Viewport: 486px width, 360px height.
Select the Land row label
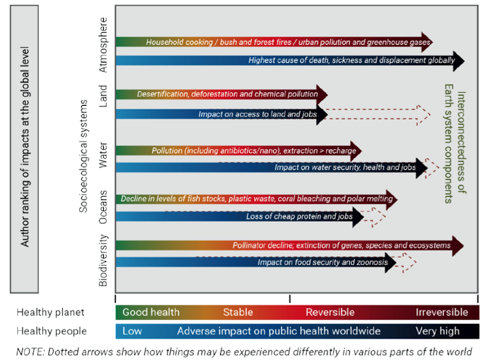click(104, 96)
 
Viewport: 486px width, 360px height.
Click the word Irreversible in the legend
click(442, 312)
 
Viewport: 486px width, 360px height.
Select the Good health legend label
click(151, 312)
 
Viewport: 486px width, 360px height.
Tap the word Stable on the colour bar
click(238, 312)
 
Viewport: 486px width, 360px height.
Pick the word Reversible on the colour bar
click(330, 312)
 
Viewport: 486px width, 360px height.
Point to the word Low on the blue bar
click(132, 331)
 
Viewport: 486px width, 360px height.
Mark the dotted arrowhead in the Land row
click(423, 114)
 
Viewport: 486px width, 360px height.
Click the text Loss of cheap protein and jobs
click(299, 217)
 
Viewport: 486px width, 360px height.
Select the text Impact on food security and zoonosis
click(322, 263)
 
